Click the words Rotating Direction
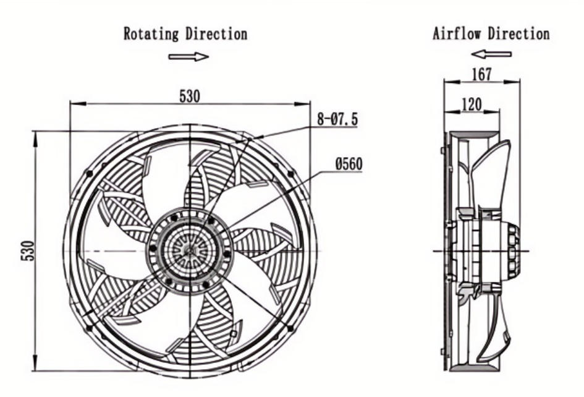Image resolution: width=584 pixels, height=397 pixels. pyautogui.click(x=185, y=33)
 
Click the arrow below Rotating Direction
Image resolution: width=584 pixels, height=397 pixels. pyautogui.click(x=188, y=57)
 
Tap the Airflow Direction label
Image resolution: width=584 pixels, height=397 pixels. pyautogui.click(x=491, y=33)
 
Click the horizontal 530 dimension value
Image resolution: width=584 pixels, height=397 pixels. pyautogui.click(x=190, y=96)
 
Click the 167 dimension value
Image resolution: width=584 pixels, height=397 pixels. pyautogui.click(x=481, y=74)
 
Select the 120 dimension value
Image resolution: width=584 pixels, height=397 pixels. pyautogui.click(x=472, y=105)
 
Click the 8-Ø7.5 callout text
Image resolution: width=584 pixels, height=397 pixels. pyautogui.click(x=337, y=119)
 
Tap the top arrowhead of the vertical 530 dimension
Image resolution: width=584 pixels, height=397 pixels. pyautogui.click(x=35, y=135)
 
